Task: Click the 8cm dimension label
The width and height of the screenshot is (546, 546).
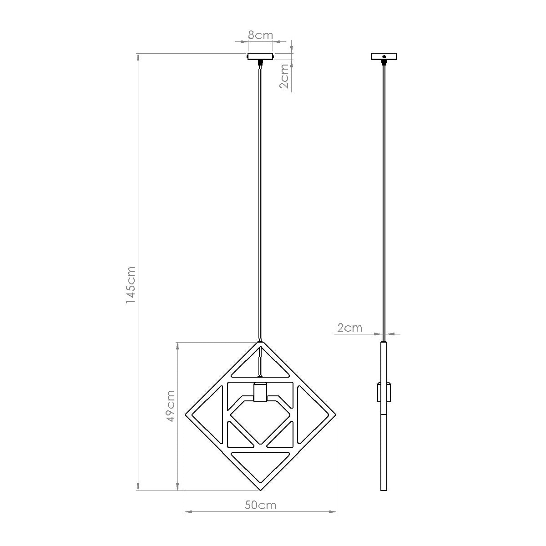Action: [260, 35]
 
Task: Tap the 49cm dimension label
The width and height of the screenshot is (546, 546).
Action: [170, 406]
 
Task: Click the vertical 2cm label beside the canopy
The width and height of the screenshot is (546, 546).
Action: [284, 76]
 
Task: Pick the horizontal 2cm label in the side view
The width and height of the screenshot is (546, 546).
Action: [349, 328]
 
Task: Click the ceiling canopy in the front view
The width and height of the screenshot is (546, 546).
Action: [260, 57]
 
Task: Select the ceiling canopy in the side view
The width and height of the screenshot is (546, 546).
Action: [384, 57]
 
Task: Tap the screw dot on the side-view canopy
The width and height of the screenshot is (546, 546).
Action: [384, 57]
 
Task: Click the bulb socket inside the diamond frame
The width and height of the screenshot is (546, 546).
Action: [260, 393]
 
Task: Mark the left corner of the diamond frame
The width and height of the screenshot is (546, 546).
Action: [186, 415]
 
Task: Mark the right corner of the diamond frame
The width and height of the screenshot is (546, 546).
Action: [335, 415]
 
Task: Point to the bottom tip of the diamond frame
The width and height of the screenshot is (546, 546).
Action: [260, 490]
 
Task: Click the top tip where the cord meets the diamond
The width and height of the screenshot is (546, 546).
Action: [260, 341]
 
